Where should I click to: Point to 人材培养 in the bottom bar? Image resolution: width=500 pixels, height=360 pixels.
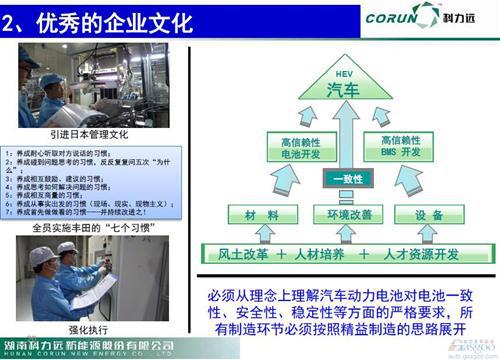(326, 253)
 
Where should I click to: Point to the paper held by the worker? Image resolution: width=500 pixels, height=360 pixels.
(95, 290)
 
